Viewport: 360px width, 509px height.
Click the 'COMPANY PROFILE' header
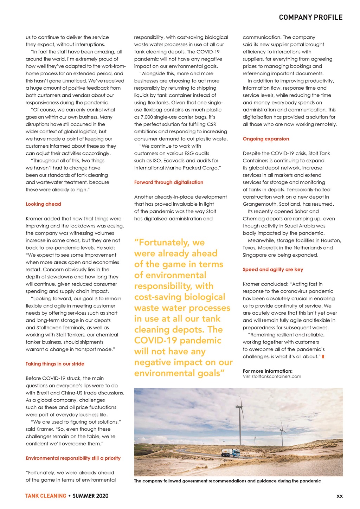[310, 17]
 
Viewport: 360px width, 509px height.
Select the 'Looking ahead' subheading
[43, 204]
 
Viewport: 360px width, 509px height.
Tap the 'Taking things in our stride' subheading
[55, 364]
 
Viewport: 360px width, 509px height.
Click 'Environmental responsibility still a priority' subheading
[73, 458]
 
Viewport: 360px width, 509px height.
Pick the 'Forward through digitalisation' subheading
[168, 182]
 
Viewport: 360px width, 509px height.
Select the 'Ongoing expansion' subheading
[266, 139]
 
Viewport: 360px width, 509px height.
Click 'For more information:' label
[268, 371]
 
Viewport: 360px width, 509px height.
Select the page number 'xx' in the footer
[339, 496]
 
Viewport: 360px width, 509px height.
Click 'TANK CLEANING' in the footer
[46, 496]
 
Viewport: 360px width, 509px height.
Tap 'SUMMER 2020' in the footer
[90, 496]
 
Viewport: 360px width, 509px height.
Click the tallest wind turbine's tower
[241, 422]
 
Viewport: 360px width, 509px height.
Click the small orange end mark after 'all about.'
[323, 357]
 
